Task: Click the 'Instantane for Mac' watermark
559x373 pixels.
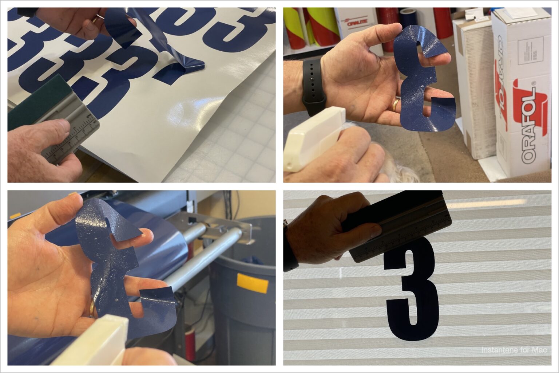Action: pos(514,350)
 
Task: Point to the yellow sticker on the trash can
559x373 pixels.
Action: pos(252,283)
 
